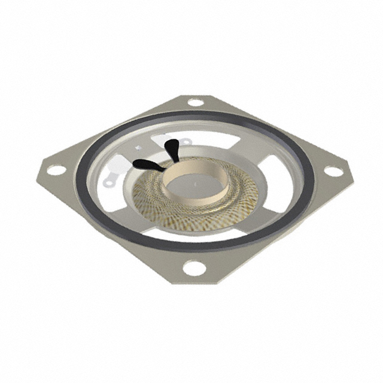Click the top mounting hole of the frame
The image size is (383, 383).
pyautogui.click(x=195, y=102)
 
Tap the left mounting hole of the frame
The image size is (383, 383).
pyautogui.click(x=55, y=169)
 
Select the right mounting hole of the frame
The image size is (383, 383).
pyautogui.click(x=333, y=171)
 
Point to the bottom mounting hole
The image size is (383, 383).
pyautogui.click(x=192, y=268)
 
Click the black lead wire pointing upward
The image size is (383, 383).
pyautogui.click(x=172, y=147)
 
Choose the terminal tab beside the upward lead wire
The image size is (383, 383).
pyautogui.click(x=186, y=143)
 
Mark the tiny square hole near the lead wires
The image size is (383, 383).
pyautogui.click(x=138, y=146)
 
